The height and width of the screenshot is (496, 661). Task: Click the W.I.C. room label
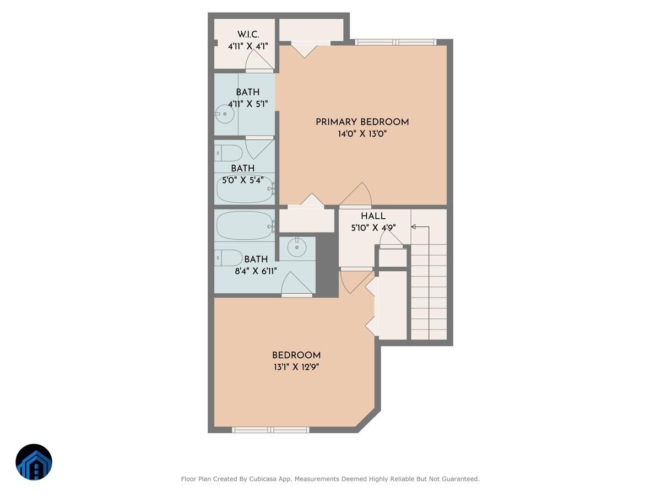(x=248, y=34)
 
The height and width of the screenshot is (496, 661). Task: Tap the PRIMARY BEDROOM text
(x=362, y=122)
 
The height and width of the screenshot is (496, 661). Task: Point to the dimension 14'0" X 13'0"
(x=362, y=134)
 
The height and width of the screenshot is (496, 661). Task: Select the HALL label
(x=373, y=216)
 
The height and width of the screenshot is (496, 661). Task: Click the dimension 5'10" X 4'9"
(x=374, y=228)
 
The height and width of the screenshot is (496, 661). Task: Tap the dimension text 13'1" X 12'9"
(x=296, y=367)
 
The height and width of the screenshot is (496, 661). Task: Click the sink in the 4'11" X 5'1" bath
(x=225, y=115)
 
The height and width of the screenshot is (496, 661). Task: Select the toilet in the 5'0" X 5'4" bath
(x=229, y=153)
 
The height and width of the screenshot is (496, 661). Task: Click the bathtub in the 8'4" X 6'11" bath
(x=245, y=226)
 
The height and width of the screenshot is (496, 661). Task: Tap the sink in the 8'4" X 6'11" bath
(x=297, y=247)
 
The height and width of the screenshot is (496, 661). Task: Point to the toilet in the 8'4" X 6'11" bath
(x=229, y=257)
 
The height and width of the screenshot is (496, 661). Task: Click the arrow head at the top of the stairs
(x=413, y=227)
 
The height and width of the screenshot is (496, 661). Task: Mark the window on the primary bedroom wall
(x=395, y=42)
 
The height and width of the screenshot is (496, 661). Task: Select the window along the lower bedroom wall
(x=270, y=429)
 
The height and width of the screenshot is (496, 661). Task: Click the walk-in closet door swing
(x=259, y=60)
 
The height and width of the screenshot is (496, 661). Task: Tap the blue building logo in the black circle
(x=34, y=462)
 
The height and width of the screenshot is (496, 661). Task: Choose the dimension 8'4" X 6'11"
(x=256, y=271)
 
